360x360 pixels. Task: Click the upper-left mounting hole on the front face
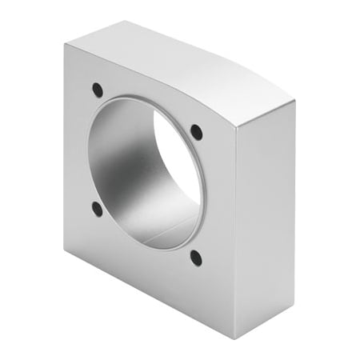pyautogui.click(x=97, y=90)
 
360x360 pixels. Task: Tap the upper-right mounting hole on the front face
pyautogui.click(x=196, y=131)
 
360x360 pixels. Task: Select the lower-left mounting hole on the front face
pyautogui.click(x=97, y=210)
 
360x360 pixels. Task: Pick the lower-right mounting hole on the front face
pyautogui.click(x=195, y=258)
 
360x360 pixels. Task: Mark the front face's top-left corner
pyautogui.click(x=65, y=44)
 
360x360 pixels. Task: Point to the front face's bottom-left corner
pyautogui.click(x=65, y=247)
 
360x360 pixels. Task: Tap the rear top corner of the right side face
pyautogui.click(x=295, y=102)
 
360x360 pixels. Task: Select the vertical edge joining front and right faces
pyautogui.click(x=236, y=232)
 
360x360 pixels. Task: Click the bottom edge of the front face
pyautogui.click(x=148, y=293)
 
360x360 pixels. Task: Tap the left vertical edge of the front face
pyautogui.click(x=65, y=144)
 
